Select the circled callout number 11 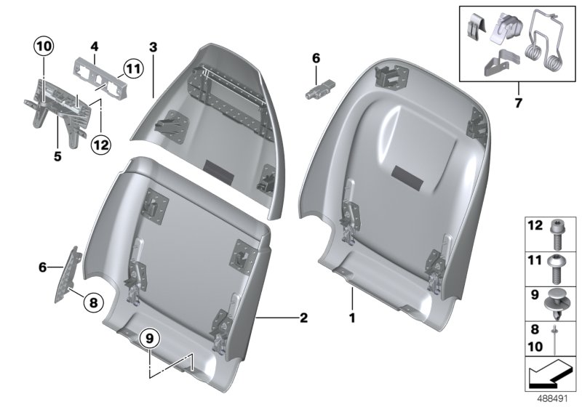click(130, 70)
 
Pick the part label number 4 click(95, 47)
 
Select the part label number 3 click(153, 47)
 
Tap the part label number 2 click(303, 318)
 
